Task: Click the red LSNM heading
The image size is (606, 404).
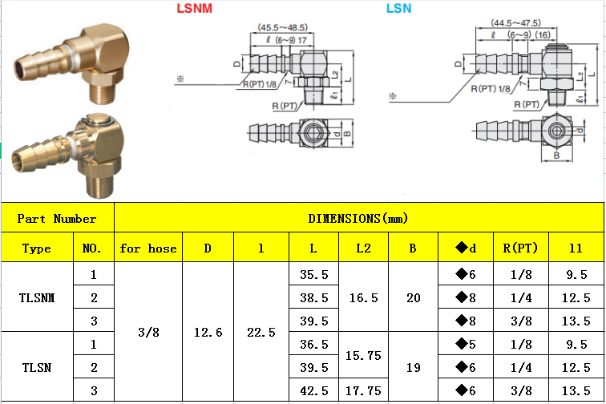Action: tap(195, 9)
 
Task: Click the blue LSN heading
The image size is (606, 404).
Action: tap(399, 9)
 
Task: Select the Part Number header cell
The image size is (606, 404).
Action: tap(57, 218)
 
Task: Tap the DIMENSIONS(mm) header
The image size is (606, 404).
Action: tap(358, 218)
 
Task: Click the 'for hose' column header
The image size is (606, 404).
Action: tap(148, 248)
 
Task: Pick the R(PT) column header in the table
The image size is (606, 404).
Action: tap(520, 248)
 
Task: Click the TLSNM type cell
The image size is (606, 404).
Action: tap(37, 297)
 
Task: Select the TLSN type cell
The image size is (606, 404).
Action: tap(37, 367)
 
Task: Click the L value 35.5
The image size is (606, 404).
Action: tap(314, 274)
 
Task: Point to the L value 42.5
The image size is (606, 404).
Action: tap(314, 390)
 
